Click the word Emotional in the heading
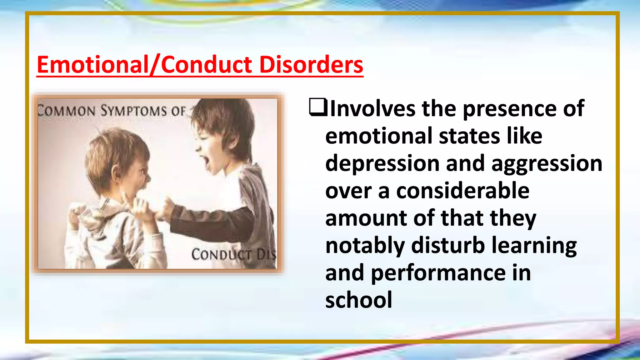point(92,65)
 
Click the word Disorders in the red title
point(311,65)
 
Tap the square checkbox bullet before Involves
point(318,107)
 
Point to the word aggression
point(547,164)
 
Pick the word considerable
point(462,191)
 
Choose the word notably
point(365,246)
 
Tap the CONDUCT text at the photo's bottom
point(221,254)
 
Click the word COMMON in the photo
point(66,111)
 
